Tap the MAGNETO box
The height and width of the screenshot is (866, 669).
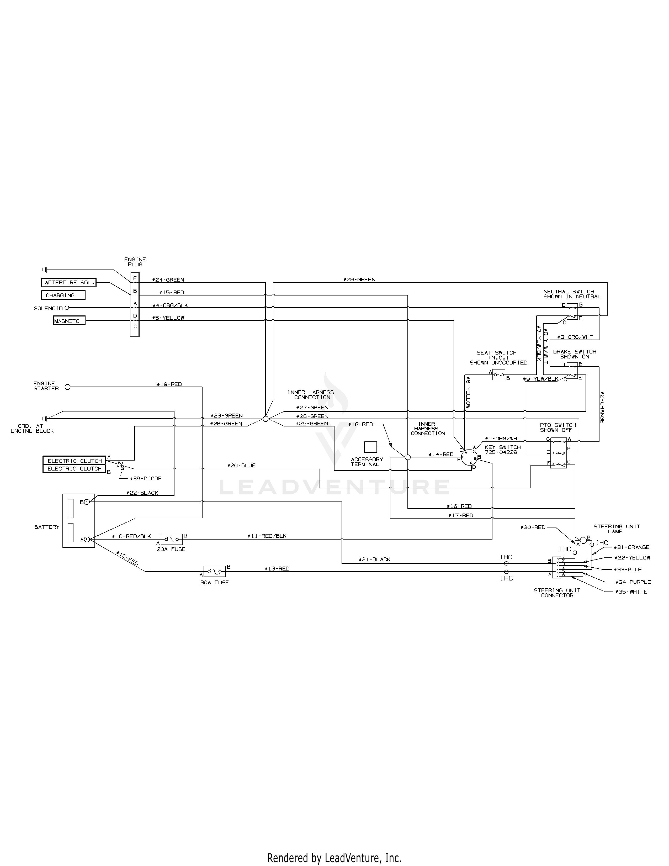pyautogui.click(x=69, y=321)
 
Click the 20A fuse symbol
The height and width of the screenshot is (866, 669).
pyautogui.click(x=172, y=539)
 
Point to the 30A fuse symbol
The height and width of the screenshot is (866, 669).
pyautogui.click(x=214, y=571)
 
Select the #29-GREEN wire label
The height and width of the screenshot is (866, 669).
pyautogui.click(x=359, y=279)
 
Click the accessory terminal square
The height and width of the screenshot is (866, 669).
pyautogui.click(x=370, y=447)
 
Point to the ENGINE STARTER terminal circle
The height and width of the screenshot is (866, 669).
pyautogui.click(x=67, y=387)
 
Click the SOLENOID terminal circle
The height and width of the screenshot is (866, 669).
pyautogui.click(x=67, y=308)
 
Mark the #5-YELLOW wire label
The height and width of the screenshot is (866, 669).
pyautogui.click(x=168, y=318)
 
